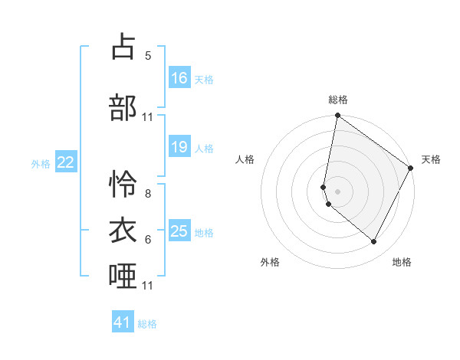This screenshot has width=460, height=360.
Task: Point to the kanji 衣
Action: tap(123, 229)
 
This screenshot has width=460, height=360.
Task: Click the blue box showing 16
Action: tap(179, 78)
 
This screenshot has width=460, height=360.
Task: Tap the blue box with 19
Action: tap(179, 147)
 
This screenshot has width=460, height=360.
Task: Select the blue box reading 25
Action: tap(179, 231)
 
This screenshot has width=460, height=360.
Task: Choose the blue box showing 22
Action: tap(66, 162)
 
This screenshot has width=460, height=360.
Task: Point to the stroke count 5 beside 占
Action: tap(148, 56)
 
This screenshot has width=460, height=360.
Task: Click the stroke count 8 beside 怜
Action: tap(148, 194)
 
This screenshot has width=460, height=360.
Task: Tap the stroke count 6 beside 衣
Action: tap(148, 239)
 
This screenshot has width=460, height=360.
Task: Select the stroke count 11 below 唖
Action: tap(148, 286)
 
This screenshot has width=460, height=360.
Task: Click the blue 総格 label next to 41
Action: tap(147, 324)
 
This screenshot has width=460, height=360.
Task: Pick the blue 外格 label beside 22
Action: tap(41, 163)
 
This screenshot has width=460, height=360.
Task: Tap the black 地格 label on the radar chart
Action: tap(402, 262)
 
